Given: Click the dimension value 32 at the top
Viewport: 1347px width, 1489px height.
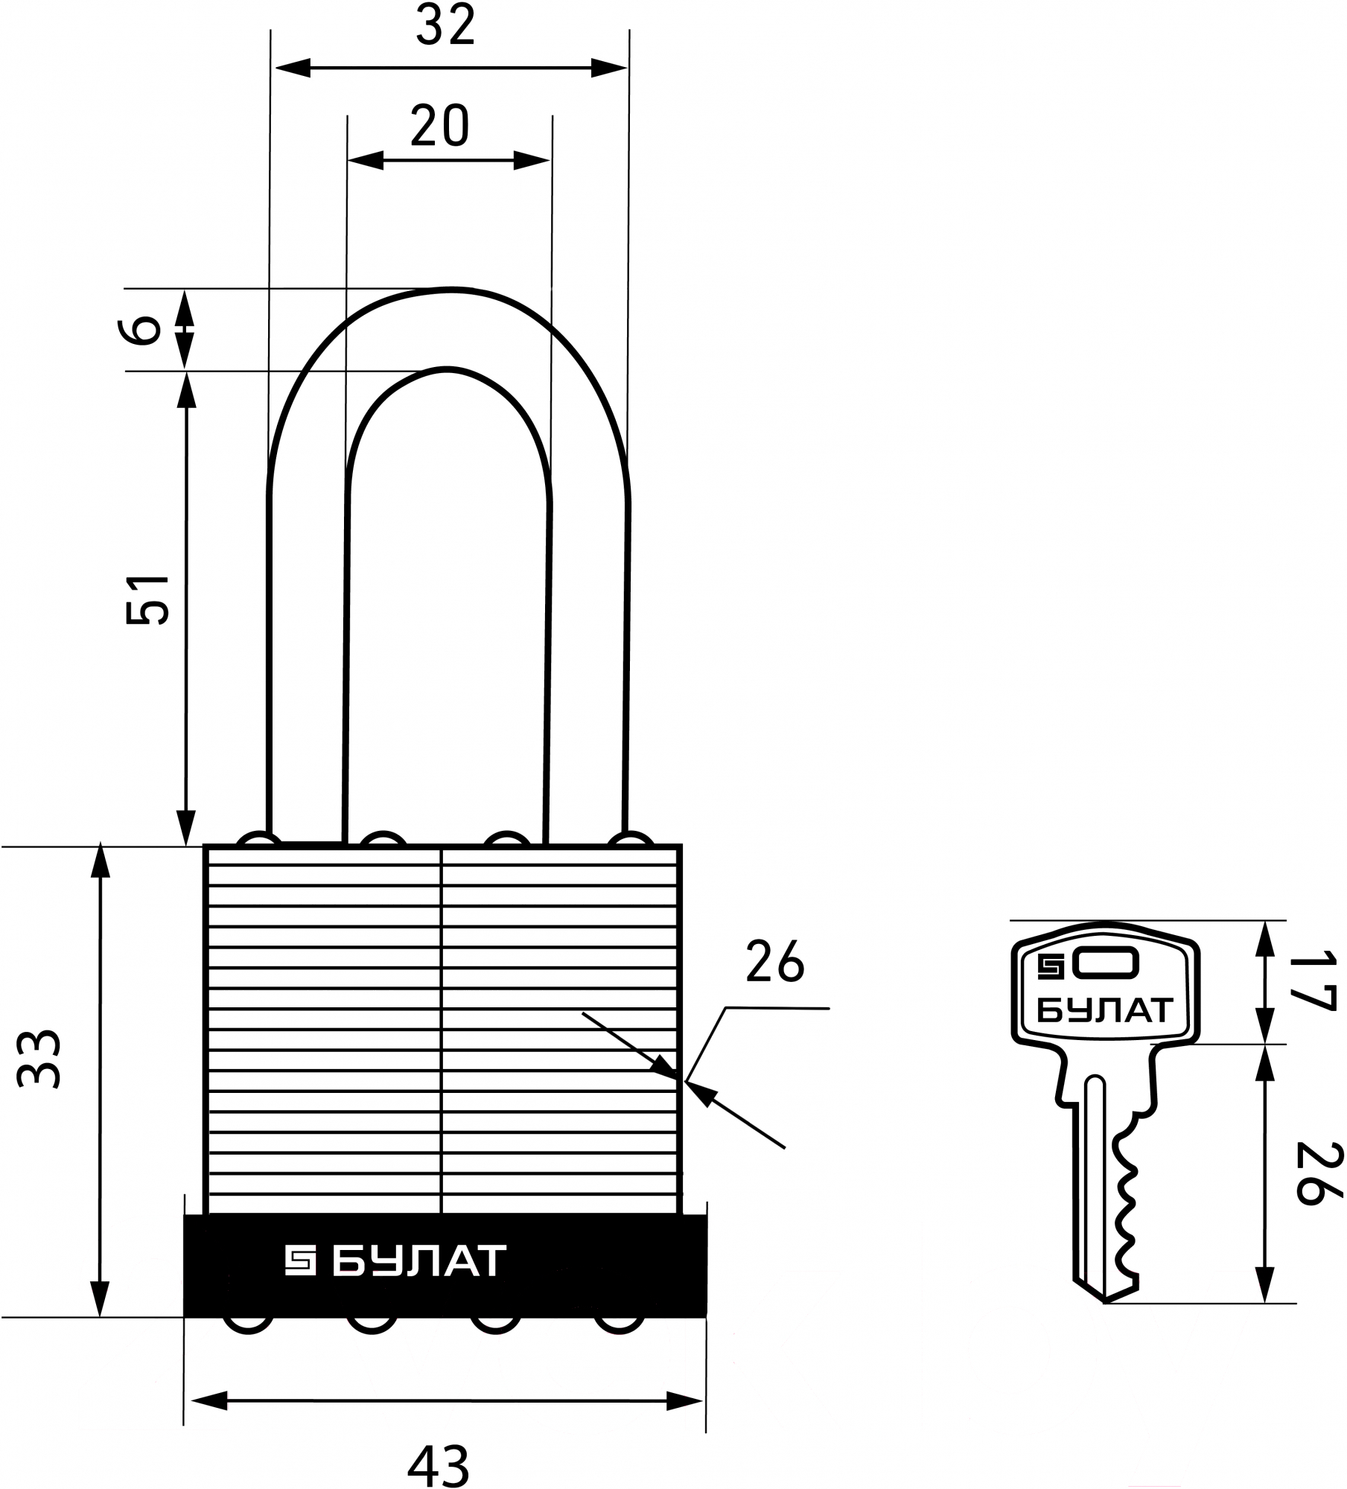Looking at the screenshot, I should (x=445, y=26).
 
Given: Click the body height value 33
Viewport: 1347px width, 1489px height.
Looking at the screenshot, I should (x=39, y=1059).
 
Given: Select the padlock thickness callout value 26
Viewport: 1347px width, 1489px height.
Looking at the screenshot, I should (x=775, y=962).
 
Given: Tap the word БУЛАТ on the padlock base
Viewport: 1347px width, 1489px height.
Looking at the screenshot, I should (x=418, y=1261).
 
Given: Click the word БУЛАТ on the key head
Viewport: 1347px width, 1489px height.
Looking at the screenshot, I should (x=1105, y=1010).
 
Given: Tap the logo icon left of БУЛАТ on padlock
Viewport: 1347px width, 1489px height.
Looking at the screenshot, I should (x=301, y=1261).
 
